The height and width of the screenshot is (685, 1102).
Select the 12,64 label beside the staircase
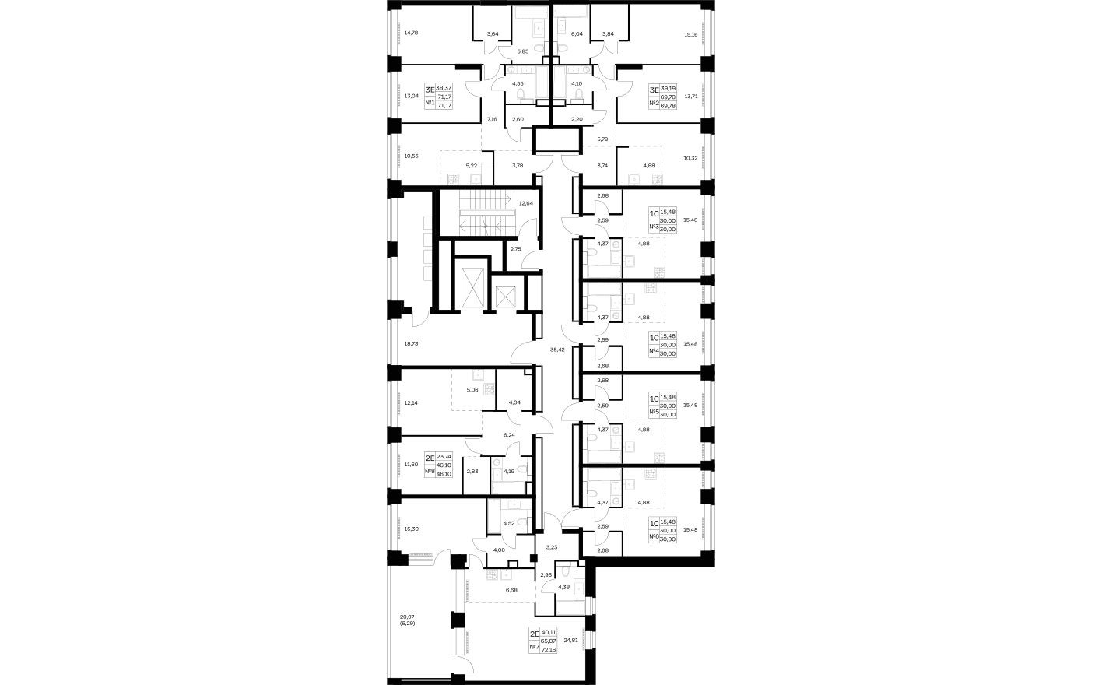click(525, 204)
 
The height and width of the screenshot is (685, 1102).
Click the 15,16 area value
click(690, 35)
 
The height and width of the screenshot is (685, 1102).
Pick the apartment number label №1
click(429, 103)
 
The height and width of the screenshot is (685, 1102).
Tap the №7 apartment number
click(534, 647)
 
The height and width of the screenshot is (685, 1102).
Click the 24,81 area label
click(570, 640)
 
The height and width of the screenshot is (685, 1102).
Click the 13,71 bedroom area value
click(690, 97)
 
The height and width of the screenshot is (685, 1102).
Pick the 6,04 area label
click(577, 34)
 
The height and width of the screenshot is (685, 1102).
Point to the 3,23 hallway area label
click(552, 547)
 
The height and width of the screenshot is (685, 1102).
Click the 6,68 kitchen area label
click(511, 589)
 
